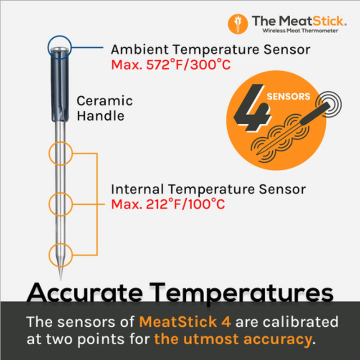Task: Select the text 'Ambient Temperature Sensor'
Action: [211, 49]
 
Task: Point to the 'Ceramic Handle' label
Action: [104, 108]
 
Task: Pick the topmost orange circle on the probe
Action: [60, 153]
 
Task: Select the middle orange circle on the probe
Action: [60, 205]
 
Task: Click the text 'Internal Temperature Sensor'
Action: [208, 189]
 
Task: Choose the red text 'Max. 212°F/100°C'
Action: [168, 204]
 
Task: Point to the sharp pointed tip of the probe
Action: [60, 274]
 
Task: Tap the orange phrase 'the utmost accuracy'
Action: [232, 339]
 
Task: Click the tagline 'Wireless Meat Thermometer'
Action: [299, 30]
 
